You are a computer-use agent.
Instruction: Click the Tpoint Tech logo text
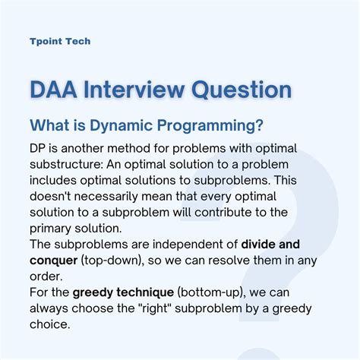tap(60, 41)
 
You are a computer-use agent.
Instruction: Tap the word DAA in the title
tap(53, 90)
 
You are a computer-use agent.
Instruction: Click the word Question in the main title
tap(242, 90)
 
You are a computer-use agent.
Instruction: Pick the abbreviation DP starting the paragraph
tap(37, 149)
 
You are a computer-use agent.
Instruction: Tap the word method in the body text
tap(129, 148)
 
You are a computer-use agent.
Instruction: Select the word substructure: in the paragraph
tap(66, 165)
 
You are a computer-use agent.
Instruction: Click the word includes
tap(53, 181)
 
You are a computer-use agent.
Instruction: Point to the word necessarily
tap(106, 197)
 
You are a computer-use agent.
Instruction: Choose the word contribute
tap(223, 213)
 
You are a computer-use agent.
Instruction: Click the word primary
tap(50, 229)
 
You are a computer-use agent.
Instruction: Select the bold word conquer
tap(53, 261)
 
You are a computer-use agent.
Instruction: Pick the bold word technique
tap(145, 293)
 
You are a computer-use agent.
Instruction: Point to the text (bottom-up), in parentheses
tap(211, 293)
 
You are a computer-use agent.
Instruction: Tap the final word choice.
tap(49, 324)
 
